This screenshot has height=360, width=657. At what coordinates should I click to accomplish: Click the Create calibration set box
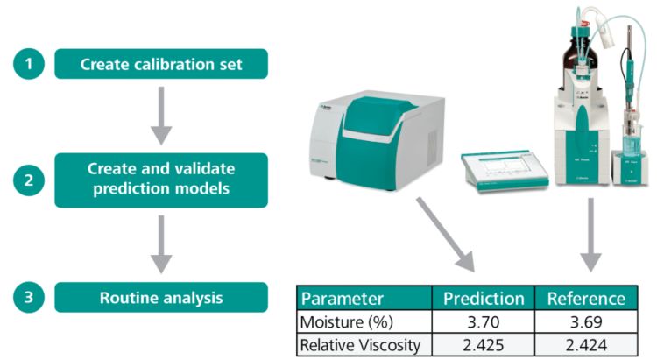160,64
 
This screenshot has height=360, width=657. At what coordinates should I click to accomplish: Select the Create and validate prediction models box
160,180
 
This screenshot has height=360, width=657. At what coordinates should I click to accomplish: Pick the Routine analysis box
160,297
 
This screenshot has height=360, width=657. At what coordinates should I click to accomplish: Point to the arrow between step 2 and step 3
160,245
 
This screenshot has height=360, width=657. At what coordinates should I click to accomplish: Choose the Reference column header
586,298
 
